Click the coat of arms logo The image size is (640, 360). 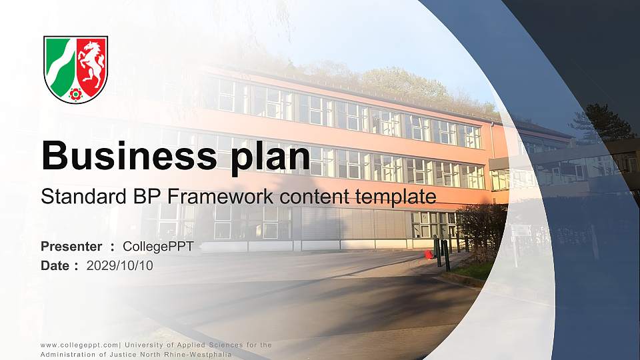click(x=75, y=69)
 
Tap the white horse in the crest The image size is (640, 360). click(x=91, y=63)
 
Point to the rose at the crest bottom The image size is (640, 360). click(x=75, y=94)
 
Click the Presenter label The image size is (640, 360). click(x=71, y=247)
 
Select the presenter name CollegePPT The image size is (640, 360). click(x=158, y=247)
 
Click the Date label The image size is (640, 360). click(x=55, y=265)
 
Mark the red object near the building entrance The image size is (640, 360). click(x=428, y=254)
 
